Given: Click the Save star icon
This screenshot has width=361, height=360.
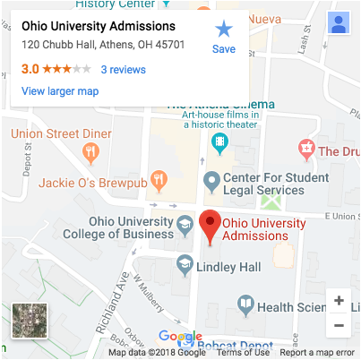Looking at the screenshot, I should [x=223, y=30].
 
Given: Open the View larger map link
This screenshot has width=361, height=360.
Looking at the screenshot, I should [x=59, y=91].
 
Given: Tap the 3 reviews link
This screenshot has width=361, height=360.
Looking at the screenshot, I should [x=123, y=69].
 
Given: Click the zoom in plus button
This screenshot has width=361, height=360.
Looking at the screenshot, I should [x=339, y=301].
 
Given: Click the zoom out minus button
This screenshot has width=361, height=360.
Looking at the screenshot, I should [x=339, y=324].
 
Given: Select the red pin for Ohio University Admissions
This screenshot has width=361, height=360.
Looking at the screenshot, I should [x=210, y=227].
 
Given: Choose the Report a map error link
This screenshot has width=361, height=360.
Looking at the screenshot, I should [x=317, y=353].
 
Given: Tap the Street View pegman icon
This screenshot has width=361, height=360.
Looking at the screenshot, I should [x=339, y=24].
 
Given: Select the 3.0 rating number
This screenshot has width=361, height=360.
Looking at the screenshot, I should [x=30, y=69].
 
